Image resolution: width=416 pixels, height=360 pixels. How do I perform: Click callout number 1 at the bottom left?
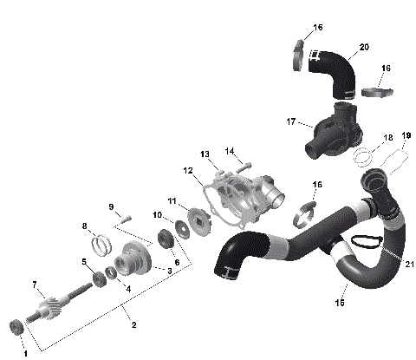(25, 352)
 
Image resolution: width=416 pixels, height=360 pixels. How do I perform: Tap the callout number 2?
(133, 325)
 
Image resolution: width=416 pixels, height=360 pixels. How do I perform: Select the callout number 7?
(35, 284)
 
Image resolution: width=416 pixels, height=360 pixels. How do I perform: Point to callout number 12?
(187, 170)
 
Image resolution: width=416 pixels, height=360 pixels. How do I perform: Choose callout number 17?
(292, 121)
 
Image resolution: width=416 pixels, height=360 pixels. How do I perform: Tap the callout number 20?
(363, 46)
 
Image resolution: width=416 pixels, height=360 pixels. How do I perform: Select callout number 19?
(406, 135)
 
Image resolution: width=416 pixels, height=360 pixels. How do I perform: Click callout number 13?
(205, 154)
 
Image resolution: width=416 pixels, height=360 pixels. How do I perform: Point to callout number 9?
(112, 206)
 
